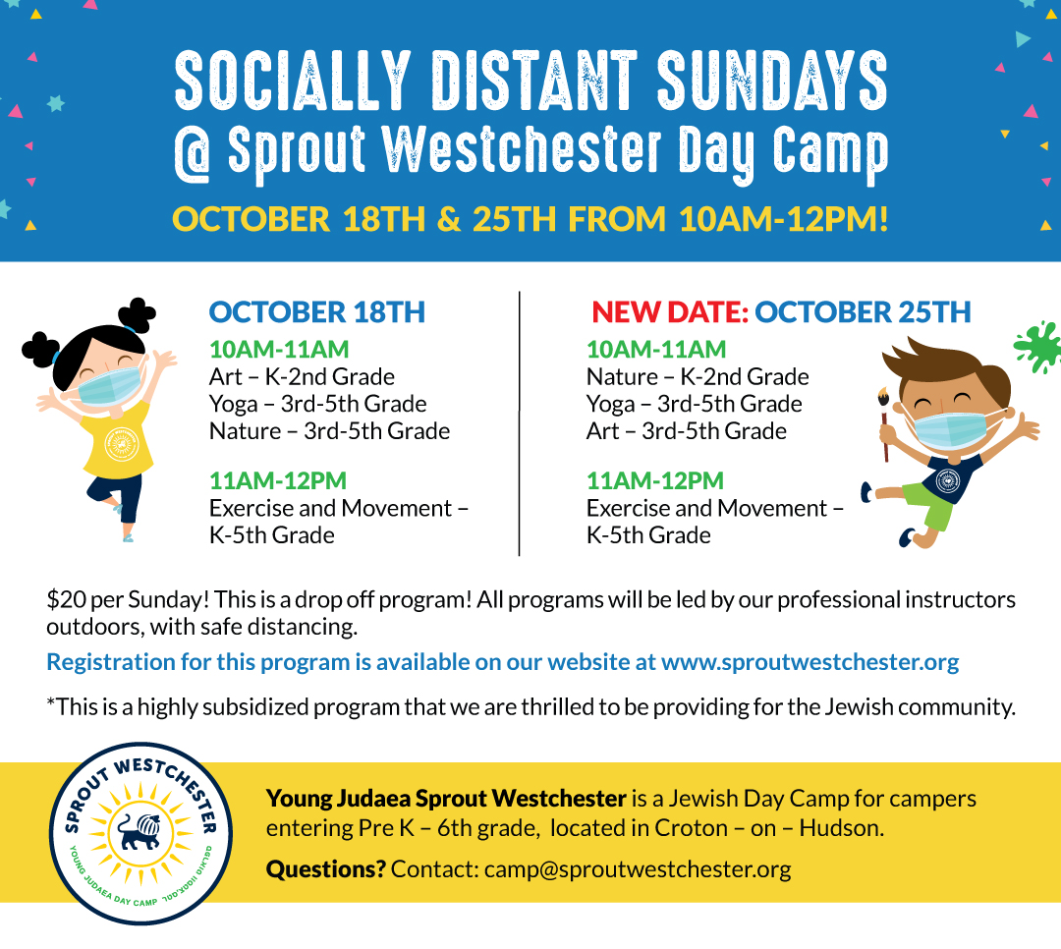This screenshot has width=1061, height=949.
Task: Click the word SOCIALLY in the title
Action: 293,81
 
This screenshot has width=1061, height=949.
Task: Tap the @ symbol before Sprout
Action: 194,154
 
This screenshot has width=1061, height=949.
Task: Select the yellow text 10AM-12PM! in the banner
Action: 784,219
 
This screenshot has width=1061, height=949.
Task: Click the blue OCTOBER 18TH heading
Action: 316,312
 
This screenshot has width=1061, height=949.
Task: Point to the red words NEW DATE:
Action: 670,312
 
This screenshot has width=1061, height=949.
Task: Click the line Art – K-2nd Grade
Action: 302,376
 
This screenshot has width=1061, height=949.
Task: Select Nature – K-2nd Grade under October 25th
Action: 698,376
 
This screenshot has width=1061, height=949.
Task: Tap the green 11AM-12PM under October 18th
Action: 277,480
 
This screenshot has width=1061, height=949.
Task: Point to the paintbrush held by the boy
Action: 884,424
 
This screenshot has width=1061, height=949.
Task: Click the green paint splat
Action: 1037,346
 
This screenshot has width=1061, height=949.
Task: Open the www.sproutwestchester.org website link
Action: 810,662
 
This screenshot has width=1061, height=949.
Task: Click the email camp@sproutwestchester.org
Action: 638,869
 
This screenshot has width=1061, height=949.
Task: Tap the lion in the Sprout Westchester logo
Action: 140,831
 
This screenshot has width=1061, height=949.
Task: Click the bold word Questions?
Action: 325,869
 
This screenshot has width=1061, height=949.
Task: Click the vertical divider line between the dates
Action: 519,423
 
